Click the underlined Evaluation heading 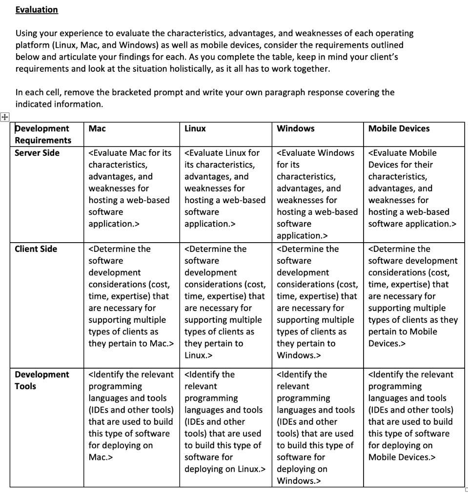coord(37,10)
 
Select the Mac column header coord(97,128)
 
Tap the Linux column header coord(195,128)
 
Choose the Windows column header coord(296,128)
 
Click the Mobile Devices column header coord(399,128)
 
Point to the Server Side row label coord(37,153)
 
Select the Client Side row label coord(36,249)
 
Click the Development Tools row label coord(42,380)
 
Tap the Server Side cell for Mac coord(130,188)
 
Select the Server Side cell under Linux coord(225,188)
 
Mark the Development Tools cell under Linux coord(225,421)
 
